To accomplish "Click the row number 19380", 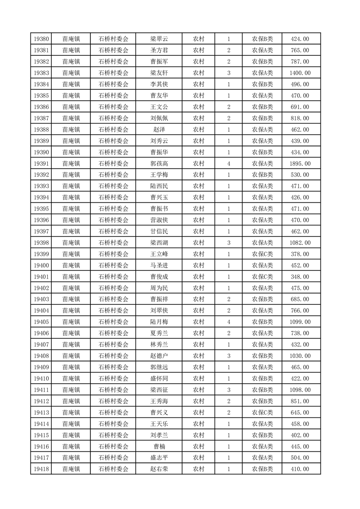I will [x=41, y=39].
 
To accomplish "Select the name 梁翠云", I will [x=159, y=39].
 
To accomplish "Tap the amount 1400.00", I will [x=300, y=73].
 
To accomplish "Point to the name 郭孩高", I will [x=159, y=164].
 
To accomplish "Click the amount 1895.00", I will [x=300, y=164].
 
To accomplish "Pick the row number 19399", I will [x=41, y=254].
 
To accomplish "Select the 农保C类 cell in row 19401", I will [x=262, y=277].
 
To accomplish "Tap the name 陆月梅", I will [x=159, y=322].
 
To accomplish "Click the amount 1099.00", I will [x=300, y=322].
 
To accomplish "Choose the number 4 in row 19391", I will [x=228, y=164].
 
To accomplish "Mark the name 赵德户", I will [x=159, y=356].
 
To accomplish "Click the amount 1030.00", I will [x=300, y=356].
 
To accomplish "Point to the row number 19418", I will [x=41, y=469].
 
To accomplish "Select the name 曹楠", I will [x=159, y=446].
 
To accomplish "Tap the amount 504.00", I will [x=300, y=458].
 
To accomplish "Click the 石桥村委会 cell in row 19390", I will [x=113, y=152].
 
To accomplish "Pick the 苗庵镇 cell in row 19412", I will [x=71, y=401].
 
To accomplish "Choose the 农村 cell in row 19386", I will [x=198, y=107].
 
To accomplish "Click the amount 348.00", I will [x=300, y=277].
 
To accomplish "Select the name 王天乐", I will [x=159, y=424].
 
